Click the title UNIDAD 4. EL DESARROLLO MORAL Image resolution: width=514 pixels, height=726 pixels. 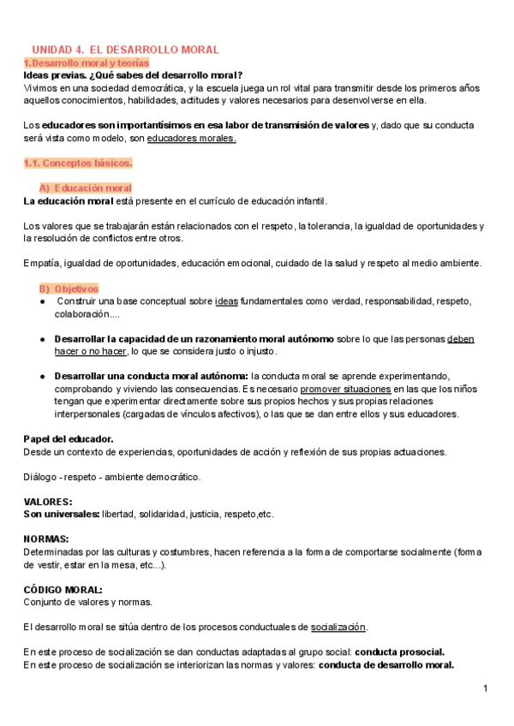coord(125,50)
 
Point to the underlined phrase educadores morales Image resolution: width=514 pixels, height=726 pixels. coord(192,138)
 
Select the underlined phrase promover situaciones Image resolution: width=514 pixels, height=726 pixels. coord(320,389)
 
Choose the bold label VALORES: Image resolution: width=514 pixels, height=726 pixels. coord(48,502)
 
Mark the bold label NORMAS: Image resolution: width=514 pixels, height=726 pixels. coord(46,539)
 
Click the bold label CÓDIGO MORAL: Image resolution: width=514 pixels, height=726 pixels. coord(63,589)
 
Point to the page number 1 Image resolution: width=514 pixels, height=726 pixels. coord(484,688)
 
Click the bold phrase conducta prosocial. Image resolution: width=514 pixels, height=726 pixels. coord(399,652)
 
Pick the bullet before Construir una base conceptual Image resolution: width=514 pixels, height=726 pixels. coord(43,301)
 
